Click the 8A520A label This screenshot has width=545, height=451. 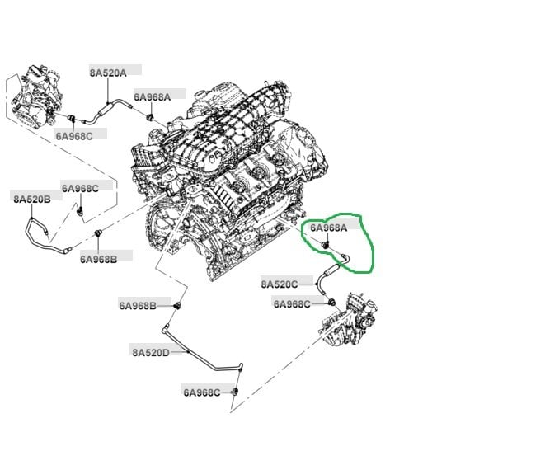(108, 73)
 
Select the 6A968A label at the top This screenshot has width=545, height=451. (152, 96)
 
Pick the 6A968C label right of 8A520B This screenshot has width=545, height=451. (80, 188)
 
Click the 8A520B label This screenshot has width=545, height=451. (31, 199)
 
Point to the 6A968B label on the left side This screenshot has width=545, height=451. (99, 258)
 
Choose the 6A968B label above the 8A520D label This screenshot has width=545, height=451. (137, 305)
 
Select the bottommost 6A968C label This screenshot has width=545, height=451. (202, 392)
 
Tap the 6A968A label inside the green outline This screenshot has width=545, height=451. (328, 228)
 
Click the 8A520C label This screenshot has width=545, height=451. (280, 284)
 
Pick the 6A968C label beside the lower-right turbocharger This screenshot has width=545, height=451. (292, 303)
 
